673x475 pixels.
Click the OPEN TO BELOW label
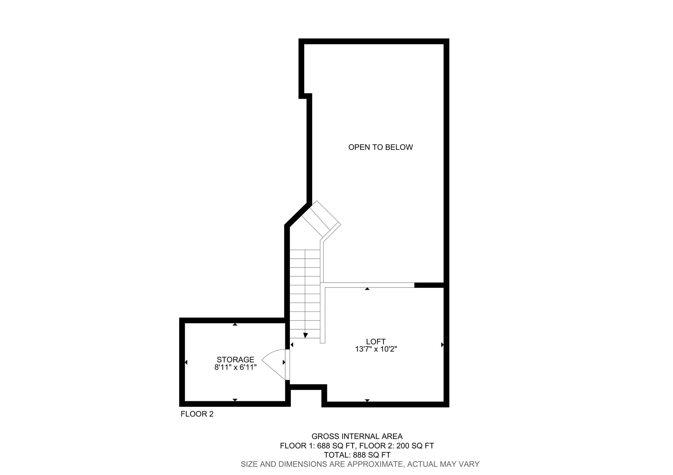point(380,147)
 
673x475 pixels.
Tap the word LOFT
point(376,342)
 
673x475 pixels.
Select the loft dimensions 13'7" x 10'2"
point(376,349)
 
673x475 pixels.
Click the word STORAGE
point(235,360)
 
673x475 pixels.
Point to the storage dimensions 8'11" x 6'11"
point(235,367)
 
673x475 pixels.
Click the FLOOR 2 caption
point(197,414)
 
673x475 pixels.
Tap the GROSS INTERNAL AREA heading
point(357,437)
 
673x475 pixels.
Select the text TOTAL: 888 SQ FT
point(357,455)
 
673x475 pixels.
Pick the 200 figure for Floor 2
point(403,446)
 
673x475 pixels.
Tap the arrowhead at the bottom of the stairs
point(306,335)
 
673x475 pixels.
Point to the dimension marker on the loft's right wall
point(442,345)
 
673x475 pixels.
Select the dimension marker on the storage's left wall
point(186,362)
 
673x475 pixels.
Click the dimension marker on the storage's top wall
point(235,324)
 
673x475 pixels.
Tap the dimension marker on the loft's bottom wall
point(367,400)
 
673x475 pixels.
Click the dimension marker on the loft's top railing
point(367,289)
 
